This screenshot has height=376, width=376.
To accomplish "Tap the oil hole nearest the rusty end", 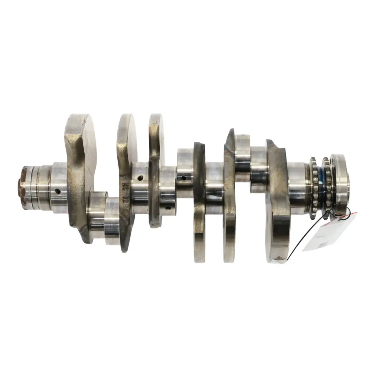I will (58, 191).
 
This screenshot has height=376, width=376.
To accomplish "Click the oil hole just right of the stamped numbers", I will (140, 178).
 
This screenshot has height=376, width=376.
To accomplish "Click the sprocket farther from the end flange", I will (314, 185).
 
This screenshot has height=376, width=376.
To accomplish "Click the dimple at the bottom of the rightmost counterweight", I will (278, 258).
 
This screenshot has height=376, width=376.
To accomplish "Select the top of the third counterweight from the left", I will (156, 120).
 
